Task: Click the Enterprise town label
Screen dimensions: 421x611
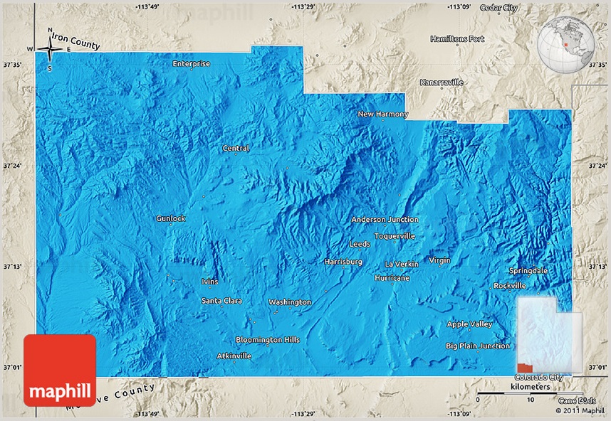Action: [192, 63]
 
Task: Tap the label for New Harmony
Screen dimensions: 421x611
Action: [383, 114]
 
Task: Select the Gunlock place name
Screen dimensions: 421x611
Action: [171, 218]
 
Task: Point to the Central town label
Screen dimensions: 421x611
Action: [236, 148]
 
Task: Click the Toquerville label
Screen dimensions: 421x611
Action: [395, 236]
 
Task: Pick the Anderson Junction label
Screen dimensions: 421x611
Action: [385, 220]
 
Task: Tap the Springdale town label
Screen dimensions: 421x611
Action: [528, 270]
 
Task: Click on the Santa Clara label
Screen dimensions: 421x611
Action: [221, 301]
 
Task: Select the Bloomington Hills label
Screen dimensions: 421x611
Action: [268, 340]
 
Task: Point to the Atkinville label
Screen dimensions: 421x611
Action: [234, 356]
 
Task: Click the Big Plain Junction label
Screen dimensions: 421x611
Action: [478, 346]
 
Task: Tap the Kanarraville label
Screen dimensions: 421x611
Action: [442, 82]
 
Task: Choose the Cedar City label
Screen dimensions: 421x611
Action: [499, 7]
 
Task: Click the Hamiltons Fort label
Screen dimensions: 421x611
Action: [458, 38]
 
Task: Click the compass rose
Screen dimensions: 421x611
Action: [50, 49]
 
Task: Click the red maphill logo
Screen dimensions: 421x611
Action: [60, 370]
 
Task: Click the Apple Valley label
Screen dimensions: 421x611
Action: [469, 324]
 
